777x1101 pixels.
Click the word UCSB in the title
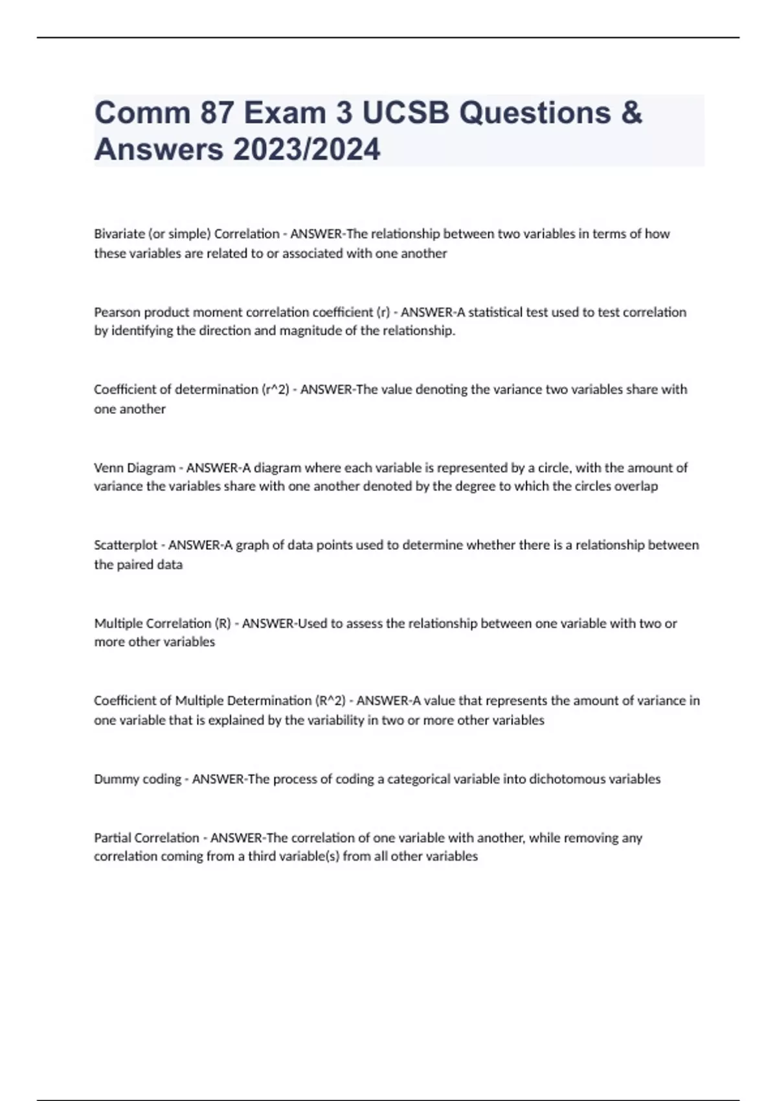[405, 113]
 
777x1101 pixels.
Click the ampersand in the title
[631, 113]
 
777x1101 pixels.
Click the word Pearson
[117, 312]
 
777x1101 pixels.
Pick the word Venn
[107, 468]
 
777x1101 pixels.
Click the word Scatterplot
[126, 545]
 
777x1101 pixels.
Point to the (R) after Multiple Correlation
[222, 624]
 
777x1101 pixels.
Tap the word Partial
[111, 838]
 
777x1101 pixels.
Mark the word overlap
[637, 486]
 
